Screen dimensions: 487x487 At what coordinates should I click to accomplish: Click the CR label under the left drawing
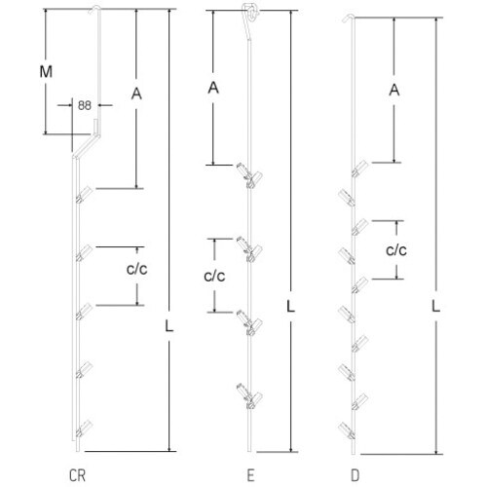coord(78,475)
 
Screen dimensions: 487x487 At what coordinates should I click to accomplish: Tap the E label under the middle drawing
coord(250,475)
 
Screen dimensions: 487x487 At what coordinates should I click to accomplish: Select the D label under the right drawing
coord(356,475)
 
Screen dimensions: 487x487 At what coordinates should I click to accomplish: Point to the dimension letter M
coord(46,71)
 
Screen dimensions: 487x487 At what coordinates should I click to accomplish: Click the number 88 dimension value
coord(85,105)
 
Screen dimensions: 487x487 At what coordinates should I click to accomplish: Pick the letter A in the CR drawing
coord(136,94)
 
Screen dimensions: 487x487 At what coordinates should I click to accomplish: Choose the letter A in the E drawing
coord(213,88)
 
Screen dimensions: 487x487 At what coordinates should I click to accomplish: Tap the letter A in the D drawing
coord(394,90)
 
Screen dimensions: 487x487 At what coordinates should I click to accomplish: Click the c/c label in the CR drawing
coord(136,269)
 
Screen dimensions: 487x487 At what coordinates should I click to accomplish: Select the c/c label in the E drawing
coord(214,276)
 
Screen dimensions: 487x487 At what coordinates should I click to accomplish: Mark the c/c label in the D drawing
coord(396,250)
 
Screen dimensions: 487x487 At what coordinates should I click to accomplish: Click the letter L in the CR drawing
coord(169,325)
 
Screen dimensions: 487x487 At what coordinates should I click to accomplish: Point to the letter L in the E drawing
coord(290,306)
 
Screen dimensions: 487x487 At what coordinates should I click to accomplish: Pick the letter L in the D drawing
coord(435,306)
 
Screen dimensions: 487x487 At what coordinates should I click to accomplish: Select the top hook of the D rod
coord(349,17)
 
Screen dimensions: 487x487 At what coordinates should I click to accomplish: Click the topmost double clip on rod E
coord(249,175)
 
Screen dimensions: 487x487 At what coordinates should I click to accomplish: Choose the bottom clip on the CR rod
coord(84,429)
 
